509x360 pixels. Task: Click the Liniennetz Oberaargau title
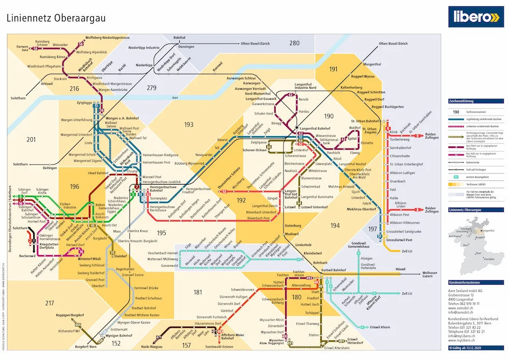tap(56, 18)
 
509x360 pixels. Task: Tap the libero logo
tap(476, 17)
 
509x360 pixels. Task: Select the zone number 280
tap(294, 43)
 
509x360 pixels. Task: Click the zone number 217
tap(50, 303)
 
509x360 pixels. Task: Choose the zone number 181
tap(198, 292)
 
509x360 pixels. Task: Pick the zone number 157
tap(187, 345)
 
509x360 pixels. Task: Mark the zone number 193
tap(188, 125)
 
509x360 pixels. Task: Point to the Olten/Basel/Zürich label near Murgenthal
tap(394, 43)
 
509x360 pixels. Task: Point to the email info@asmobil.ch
tap(462, 312)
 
